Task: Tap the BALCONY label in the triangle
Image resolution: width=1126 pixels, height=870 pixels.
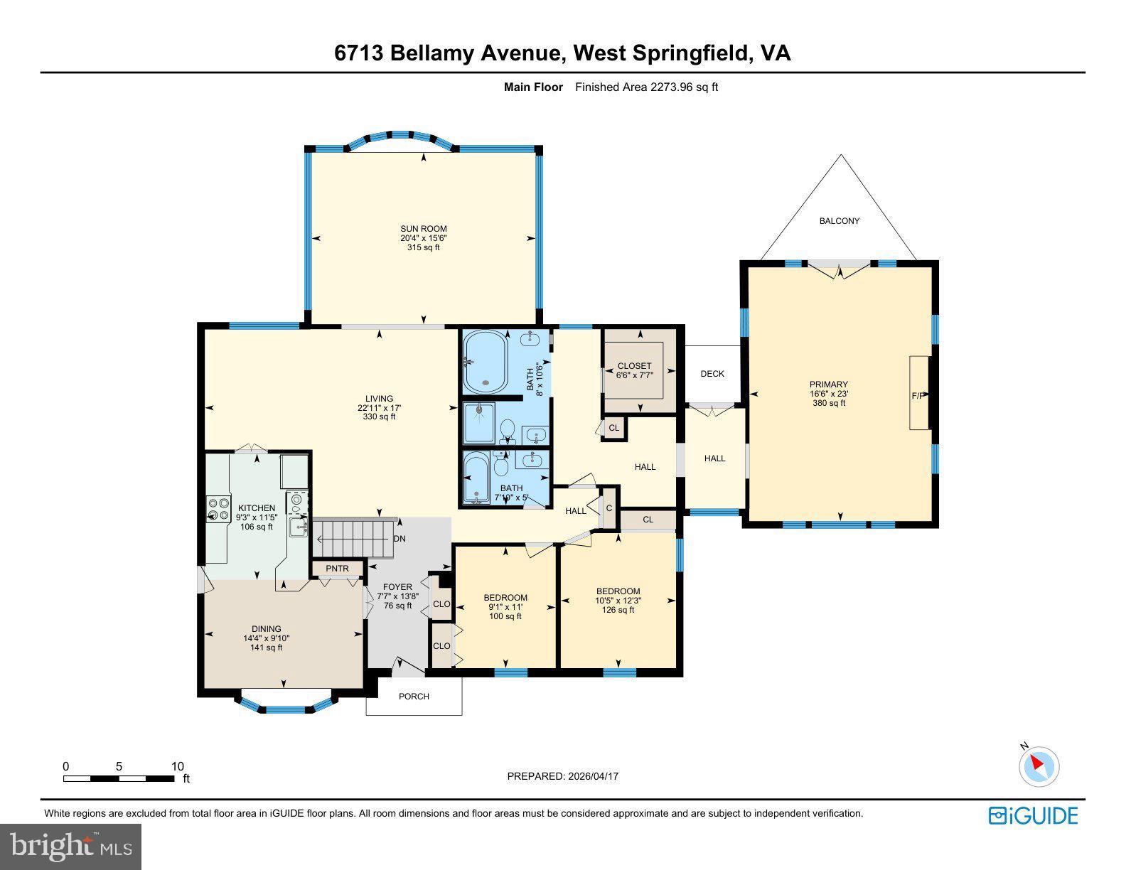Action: click(839, 221)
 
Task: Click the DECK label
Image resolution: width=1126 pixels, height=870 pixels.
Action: click(712, 374)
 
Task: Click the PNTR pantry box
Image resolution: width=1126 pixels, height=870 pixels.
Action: click(338, 568)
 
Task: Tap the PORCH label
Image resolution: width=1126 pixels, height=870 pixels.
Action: click(414, 696)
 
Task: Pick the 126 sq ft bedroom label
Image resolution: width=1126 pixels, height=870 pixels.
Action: click(618, 600)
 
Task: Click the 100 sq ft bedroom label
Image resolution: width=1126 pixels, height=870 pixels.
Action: click(505, 606)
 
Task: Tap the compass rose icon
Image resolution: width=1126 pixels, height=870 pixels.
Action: click(1039, 766)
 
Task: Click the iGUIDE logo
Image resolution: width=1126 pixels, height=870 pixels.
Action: click(1033, 815)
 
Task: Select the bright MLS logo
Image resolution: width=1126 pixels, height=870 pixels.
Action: click(71, 847)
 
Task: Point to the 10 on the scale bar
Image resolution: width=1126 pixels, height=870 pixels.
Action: click(177, 766)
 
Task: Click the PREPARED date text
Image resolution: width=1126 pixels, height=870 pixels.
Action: click(562, 776)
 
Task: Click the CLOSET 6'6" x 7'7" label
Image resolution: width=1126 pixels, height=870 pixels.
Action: click(634, 370)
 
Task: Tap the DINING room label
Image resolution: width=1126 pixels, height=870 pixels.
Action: click(266, 638)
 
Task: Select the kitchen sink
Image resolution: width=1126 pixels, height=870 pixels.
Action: click(298, 527)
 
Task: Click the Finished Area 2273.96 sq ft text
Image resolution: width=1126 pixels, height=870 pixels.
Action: click(646, 87)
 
